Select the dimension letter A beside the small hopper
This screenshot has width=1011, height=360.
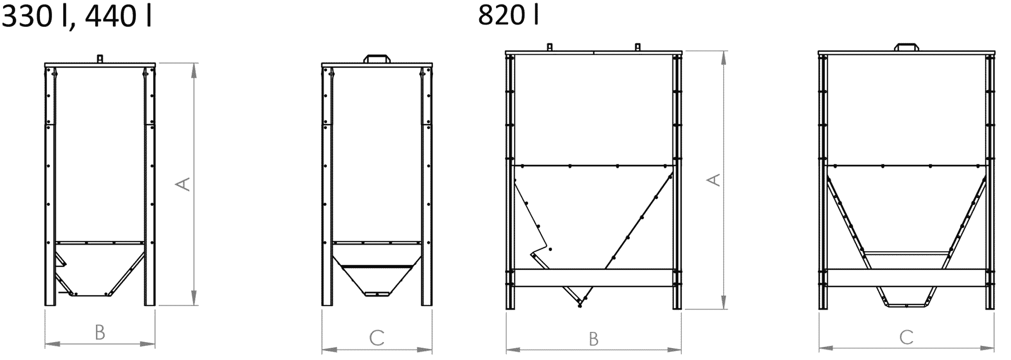[x=183, y=184]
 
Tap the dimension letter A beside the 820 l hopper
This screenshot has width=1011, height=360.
[x=712, y=180]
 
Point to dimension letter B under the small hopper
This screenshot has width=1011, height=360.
[x=100, y=333]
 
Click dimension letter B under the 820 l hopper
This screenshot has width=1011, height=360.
[x=593, y=339]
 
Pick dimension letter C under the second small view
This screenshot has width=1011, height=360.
[x=376, y=338]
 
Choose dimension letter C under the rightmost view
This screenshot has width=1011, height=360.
[x=906, y=337]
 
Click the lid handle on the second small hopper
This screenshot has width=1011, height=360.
[x=377, y=59]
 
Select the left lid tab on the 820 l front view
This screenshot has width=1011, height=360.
[x=550, y=47]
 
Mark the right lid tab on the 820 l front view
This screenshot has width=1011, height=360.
[x=637, y=47]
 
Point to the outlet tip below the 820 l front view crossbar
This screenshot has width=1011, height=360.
[x=580, y=305]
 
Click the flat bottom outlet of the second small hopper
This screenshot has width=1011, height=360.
[x=377, y=294]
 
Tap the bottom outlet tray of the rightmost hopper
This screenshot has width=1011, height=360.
[x=906, y=305]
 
